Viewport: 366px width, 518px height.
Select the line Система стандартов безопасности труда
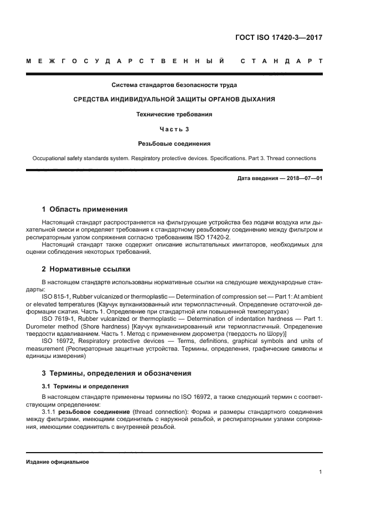174,85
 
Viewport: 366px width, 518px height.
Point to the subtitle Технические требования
174,114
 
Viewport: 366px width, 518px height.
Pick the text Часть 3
174,129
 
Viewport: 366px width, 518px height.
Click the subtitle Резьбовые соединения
174,143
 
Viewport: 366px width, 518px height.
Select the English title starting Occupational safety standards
174,158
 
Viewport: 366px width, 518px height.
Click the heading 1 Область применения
85,209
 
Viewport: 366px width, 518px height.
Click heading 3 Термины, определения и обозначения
117,373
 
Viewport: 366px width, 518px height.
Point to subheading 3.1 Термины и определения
85,386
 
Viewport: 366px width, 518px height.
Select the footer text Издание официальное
58,461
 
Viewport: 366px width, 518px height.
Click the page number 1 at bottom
321,473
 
